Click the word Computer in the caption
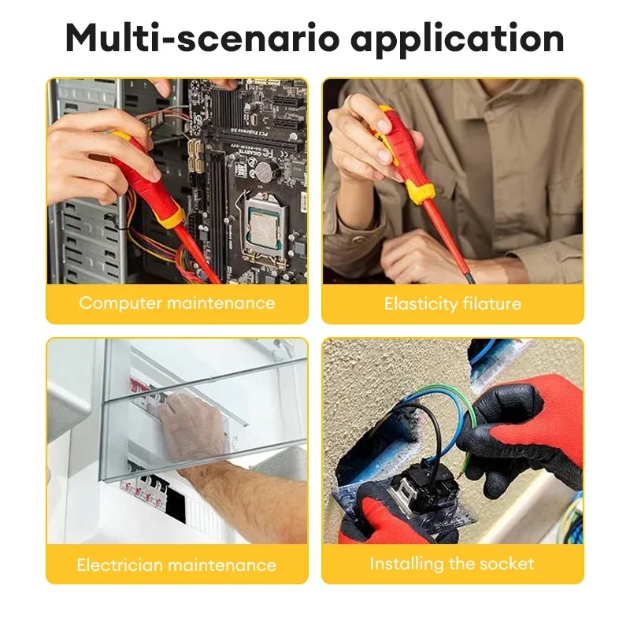tap(120, 303)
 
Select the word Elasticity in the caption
tap(421, 304)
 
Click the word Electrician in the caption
tap(120, 565)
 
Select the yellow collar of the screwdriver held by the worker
tap(419, 191)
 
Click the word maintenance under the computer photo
tap(221, 303)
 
